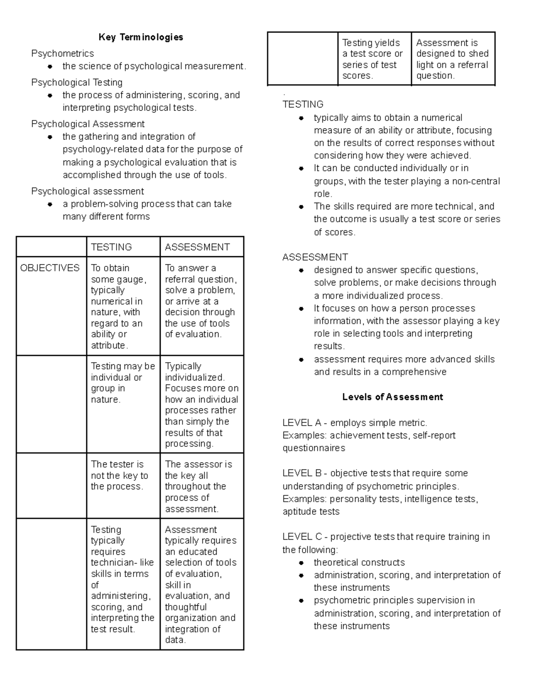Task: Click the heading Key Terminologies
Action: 141,37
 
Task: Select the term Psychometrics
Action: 62,53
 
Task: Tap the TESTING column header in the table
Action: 111,247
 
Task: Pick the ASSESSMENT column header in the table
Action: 197,247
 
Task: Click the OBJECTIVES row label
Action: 50,268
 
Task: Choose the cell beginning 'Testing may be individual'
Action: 122,383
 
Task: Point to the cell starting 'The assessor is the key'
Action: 198,486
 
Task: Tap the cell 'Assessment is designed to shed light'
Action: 452,59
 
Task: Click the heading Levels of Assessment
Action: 392,397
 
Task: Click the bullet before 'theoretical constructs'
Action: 301,563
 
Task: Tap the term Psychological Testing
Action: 77,82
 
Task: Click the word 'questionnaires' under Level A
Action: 314,448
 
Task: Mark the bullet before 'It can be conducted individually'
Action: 301,168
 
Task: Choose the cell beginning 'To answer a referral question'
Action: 201,301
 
